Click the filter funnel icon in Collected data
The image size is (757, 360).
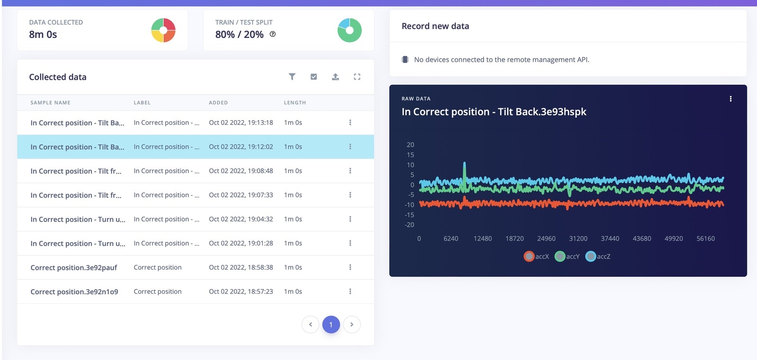tap(292, 77)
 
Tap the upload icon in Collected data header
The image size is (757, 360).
tap(335, 77)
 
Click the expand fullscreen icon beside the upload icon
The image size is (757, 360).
tap(357, 77)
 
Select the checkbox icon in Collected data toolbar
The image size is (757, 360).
tap(314, 77)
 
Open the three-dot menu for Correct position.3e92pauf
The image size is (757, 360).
tap(350, 267)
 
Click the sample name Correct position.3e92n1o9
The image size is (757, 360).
tap(74, 292)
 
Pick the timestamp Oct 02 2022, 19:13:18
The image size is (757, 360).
tap(241, 123)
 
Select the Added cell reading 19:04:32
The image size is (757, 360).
tap(241, 219)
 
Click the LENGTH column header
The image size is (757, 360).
tap(295, 103)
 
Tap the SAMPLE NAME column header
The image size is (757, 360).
tap(50, 103)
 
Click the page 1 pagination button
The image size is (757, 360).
tap(331, 325)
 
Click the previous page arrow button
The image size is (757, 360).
tap(310, 325)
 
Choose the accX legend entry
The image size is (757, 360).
tap(537, 256)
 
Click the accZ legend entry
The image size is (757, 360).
tap(598, 256)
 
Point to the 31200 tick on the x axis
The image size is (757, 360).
tap(578, 239)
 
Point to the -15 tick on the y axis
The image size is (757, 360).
tap(409, 215)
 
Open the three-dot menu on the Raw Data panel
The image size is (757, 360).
tap(731, 99)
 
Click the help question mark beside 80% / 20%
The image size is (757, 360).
tap(273, 34)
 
